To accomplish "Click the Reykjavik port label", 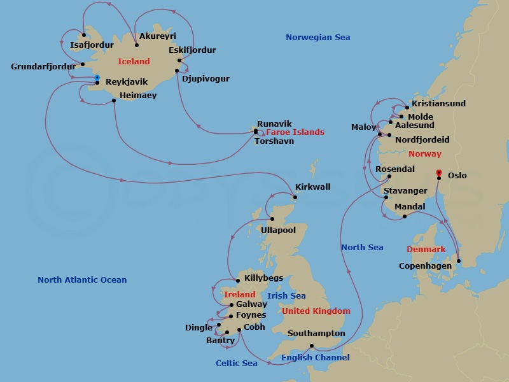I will coord(126,82).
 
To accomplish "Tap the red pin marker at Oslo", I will coord(438,173).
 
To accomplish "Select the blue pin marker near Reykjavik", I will coord(97,78).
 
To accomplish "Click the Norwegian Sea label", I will coord(317,38).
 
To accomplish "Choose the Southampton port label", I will coord(316,334).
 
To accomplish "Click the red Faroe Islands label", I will coord(295,132).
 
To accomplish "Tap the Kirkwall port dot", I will coord(295,197).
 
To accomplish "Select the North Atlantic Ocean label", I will coord(82,280).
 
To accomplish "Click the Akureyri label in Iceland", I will coord(157,36).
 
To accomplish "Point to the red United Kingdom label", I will coord(316,311).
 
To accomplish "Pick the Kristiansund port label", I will coord(438,104).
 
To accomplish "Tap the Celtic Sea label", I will coord(236,364).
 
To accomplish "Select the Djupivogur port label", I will coord(206,79).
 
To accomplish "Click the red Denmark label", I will coord(426,249).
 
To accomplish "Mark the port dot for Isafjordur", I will coord(84,35).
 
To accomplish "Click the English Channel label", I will coord(315,358).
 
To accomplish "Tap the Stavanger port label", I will coord(405,191).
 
